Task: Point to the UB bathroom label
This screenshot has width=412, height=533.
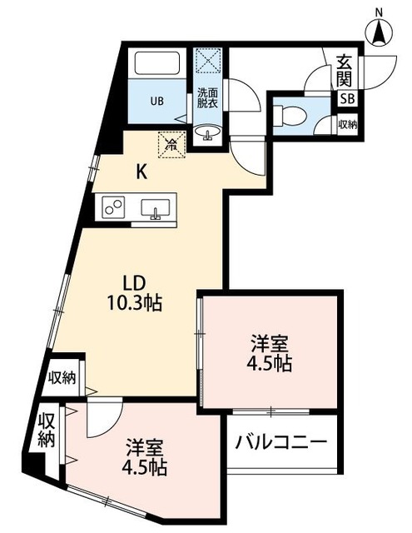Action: tap(157, 102)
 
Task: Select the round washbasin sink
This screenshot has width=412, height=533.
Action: tap(206, 133)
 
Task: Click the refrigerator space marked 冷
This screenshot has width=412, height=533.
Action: tap(171, 144)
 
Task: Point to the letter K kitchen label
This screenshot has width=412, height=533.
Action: tap(142, 173)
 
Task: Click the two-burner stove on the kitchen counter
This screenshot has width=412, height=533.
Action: tap(114, 207)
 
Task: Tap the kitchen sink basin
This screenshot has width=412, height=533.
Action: tap(155, 208)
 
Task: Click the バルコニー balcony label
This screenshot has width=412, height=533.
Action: tap(280, 442)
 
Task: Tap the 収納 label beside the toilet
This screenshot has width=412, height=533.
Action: tap(347, 125)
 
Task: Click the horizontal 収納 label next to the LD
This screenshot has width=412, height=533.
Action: tap(62, 376)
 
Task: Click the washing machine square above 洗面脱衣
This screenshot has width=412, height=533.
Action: tap(206, 62)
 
